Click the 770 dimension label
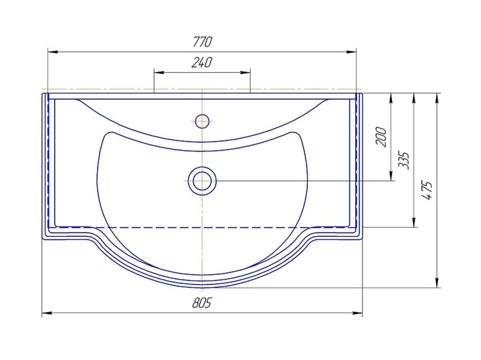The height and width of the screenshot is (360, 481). pos(202,42)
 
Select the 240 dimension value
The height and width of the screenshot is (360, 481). pos(202,62)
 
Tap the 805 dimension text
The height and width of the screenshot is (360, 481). pos(202,303)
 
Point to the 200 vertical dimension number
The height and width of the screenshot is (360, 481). pos(381,136)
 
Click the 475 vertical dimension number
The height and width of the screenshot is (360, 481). pos(427,190)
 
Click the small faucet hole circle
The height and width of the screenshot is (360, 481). pos(202,121)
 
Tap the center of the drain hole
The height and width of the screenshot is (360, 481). pos(202,181)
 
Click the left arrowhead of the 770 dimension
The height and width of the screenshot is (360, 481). pos(53,52)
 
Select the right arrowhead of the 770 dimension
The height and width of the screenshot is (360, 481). pos(351,52)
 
